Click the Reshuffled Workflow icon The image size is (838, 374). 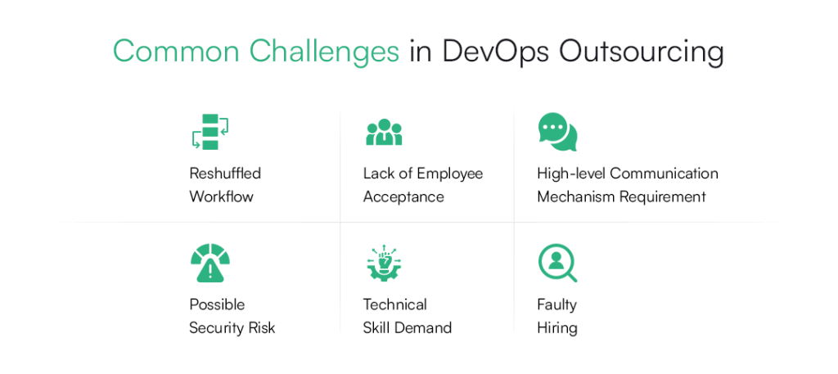coord(209,133)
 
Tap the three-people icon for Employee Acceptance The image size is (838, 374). coord(384,133)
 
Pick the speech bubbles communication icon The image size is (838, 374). coord(557,133)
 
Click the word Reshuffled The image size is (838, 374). coord(225,173)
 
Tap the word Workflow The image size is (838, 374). coord(221,196)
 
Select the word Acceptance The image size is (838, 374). coord(403,196)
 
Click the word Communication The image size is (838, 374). coord(664,173)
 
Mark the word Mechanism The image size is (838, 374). coord(577,196)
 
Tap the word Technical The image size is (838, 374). coord(394,304)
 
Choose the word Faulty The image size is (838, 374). coord(556,304)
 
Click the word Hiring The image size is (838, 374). coord(556,327)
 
